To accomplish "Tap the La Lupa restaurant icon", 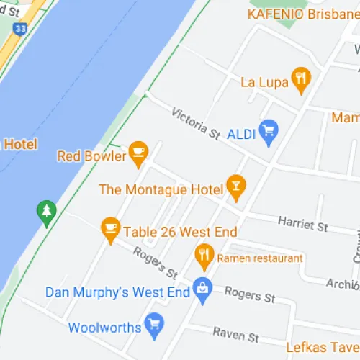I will (301, 78).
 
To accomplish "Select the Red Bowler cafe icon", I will (138, 153).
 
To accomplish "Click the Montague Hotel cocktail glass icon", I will (235, 187).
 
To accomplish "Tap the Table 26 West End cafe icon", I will (110, 229).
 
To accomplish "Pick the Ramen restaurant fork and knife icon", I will (204, 256).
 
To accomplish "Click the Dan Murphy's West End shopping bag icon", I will (202, 289).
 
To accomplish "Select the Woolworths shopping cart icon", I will (153, 326).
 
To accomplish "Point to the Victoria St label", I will (195, 122).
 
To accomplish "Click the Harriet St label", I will (302, 225).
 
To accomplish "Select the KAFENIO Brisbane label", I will (302, 14).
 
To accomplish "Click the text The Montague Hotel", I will (161, 189).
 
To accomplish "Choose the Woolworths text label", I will (104, 328).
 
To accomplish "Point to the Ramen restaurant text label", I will (259, 258).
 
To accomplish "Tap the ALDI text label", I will (243, 134).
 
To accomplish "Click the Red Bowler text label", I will (90, 155).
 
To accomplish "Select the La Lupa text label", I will (264, 81).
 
